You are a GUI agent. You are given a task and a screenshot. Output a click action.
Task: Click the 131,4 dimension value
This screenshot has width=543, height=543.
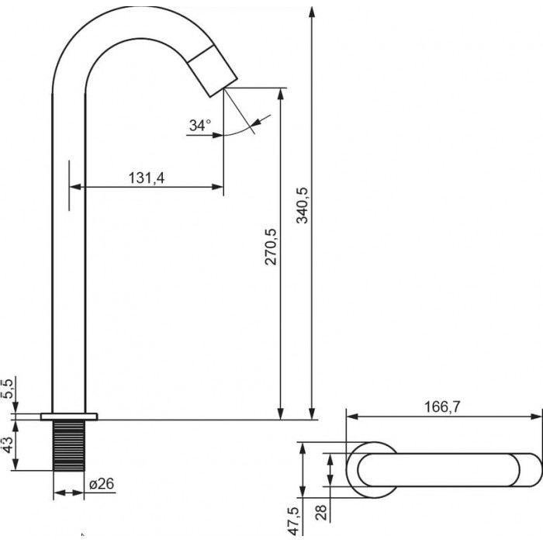point(147,178)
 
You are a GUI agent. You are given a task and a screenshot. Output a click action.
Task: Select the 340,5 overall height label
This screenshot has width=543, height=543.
point(302,206)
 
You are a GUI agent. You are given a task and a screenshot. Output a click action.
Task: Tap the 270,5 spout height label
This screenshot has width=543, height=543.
point(271,247)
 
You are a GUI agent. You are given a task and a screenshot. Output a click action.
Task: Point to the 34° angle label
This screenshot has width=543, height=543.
point(200,125)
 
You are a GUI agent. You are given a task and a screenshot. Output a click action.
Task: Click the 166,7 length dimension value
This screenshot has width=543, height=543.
point(443,407)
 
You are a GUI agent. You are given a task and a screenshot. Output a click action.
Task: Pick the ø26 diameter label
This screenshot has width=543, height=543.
point(102,484)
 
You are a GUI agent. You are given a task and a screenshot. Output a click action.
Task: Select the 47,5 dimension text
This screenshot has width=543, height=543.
point(293,521)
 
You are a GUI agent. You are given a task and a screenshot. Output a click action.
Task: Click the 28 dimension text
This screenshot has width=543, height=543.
point(321,512)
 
